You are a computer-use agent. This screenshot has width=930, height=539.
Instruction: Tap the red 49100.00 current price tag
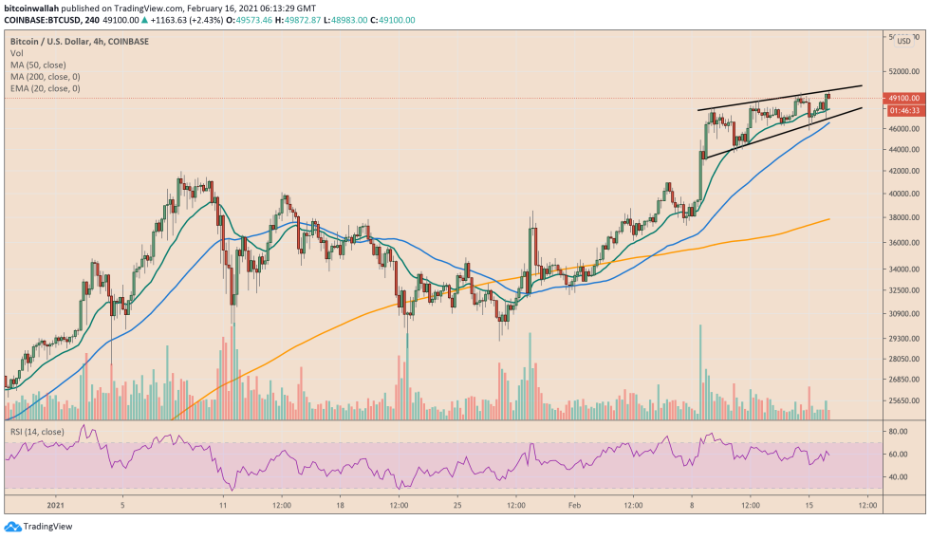(902, 98)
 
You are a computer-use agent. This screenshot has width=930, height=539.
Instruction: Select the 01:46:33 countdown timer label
(902, 110)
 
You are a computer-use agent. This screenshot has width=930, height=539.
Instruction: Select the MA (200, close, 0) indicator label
(44, 77)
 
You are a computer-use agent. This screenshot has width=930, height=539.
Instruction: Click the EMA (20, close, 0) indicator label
(45, 88)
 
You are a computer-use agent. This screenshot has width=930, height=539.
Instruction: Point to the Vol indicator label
(16, 54)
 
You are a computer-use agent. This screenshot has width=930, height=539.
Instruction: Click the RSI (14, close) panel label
(37, 431)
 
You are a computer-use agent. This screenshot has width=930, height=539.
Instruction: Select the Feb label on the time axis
(574, 504)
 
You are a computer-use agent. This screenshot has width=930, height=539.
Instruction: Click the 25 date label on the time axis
(457, 504)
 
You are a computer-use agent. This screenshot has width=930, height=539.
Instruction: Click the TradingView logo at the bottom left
(39, 527)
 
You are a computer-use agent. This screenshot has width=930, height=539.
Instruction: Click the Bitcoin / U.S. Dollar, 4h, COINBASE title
(75, 42)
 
